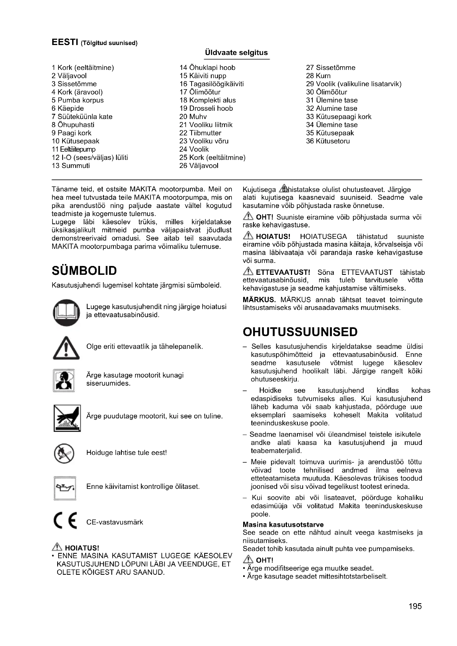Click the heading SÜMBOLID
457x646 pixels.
[84, 271]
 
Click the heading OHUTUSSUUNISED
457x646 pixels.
[300, 332]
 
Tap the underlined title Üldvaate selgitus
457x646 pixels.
[237, 53]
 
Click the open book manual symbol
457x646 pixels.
[66, 312]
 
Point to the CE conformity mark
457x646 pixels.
[65, 522]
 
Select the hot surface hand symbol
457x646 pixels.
[67, 418]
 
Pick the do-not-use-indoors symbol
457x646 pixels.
[64, 380]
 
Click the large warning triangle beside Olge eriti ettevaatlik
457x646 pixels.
[66, 348]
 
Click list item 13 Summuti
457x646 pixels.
[71, 166]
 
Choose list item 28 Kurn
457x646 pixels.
[318, 76]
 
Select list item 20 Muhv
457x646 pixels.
[193, 117]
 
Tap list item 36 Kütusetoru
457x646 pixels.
[328, 141]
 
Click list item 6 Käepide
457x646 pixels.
[67, 108]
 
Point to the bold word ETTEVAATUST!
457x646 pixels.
[283, 272]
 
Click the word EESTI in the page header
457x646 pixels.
[65, 42]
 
